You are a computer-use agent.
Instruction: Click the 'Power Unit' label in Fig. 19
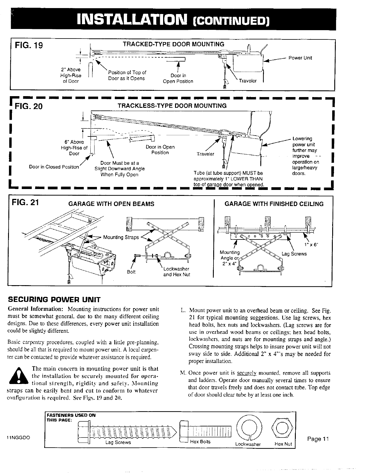point(300,58)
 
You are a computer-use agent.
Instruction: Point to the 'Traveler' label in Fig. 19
point(248,81)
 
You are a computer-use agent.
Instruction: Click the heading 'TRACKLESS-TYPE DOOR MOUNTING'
point(172,106)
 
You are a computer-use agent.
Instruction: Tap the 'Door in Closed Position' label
point(54,167)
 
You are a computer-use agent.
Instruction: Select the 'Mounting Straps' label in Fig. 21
point(117,237)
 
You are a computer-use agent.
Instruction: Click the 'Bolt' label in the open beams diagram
point(131,272)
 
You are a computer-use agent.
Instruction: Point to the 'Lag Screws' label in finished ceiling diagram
point(294,254)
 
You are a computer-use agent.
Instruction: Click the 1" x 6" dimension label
point(311,245)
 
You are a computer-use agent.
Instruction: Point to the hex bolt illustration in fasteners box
point(206,430)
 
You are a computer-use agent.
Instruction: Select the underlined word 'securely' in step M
point(243,373)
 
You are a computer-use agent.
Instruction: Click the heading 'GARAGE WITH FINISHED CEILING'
point(274,204)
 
